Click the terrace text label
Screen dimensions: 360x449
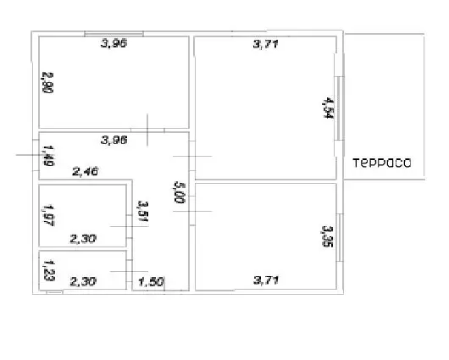pos(381,164)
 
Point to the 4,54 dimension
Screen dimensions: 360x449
pos(326,111)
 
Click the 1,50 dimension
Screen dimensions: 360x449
pos(150,281)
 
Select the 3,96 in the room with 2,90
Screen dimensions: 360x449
pos(114,45)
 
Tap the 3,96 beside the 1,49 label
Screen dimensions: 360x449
pos(114,141)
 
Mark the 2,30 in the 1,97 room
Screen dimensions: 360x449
pos(83,238)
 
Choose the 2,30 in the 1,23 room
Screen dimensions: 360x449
pos(83,281)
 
